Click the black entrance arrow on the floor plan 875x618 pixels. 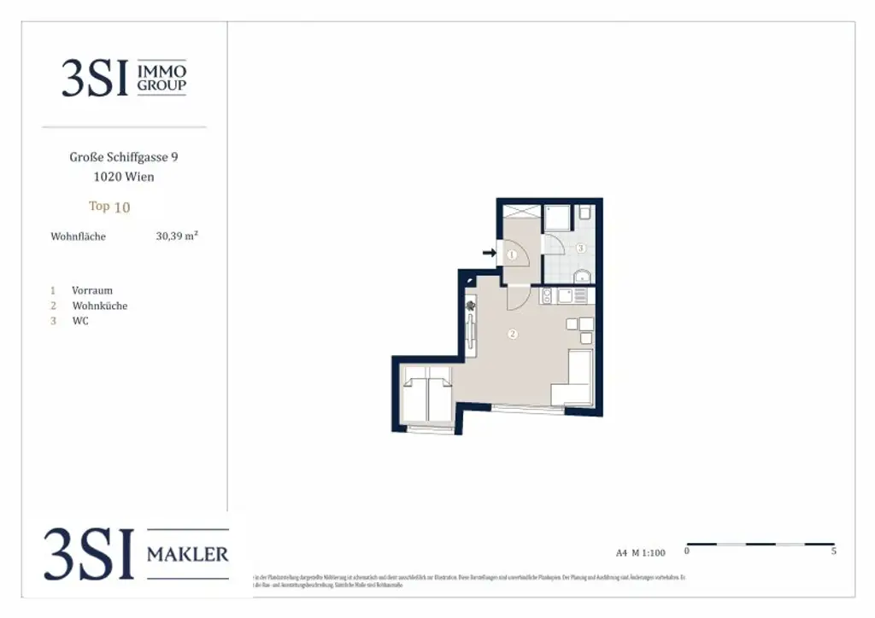pos(489,253)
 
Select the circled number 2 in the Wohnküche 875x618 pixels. pos(512,334)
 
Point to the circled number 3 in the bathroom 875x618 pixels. pos(580,248)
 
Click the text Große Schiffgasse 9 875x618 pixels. pos(124,157)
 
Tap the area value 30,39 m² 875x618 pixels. pos(177,236)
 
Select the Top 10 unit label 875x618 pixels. pos(109,207)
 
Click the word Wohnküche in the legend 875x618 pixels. pos(100,306)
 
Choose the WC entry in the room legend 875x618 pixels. pos(80,321)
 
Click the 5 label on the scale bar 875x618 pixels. pos(833,551)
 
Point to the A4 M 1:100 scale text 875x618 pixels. pos(640,552)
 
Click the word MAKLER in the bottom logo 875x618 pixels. pos(188,555)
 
